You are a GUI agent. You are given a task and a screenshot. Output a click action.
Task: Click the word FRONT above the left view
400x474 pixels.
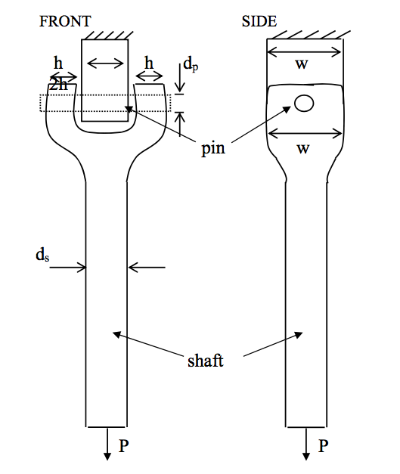click(x=64, y=21)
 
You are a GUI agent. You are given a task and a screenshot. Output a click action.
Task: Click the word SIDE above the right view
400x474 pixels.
click(x=259, y=21)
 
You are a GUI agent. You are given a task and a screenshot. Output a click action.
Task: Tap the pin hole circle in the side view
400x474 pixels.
click(x=304, y=104)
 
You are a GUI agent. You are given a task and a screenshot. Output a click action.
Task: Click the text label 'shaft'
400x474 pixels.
click(x=206, y=361)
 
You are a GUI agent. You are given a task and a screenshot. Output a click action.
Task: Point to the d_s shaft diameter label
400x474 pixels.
click(x=42, y=255)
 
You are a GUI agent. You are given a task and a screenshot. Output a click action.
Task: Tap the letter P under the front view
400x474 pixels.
click(x=123, y=446)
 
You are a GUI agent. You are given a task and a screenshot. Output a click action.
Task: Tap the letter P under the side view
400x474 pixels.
click(x=323, y=446)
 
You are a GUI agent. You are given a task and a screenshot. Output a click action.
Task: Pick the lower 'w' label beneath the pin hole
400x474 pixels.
click(x=302, y=149)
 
